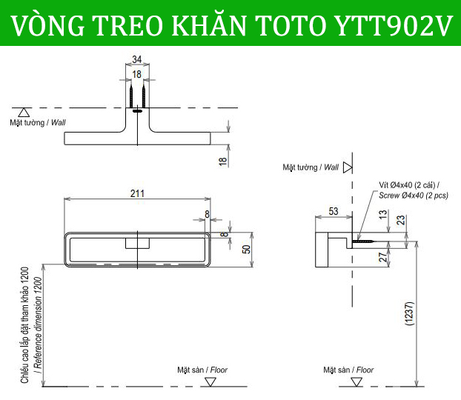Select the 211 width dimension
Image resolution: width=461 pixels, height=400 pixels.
click(137, 193)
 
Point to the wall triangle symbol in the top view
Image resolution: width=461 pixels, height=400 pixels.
click(24, 112)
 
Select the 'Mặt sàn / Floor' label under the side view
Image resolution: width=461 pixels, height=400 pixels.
click(348, 370)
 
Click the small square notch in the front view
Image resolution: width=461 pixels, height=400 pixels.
click(137, 243)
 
